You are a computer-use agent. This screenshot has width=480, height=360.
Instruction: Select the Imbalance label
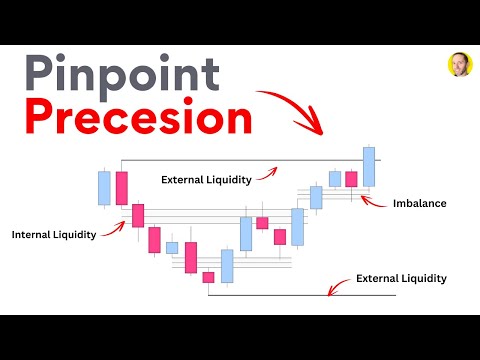(x=420, y=203)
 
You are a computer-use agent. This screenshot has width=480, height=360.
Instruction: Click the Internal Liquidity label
(x=54, y=235)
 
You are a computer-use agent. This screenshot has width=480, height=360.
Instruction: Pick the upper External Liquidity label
(x=205, y=179)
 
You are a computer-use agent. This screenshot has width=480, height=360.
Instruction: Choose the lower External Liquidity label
(x=401, y=278)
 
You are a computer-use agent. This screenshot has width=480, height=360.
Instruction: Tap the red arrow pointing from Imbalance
(x=374, y=201)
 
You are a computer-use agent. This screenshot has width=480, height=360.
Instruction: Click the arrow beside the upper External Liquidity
(x=268, y=172)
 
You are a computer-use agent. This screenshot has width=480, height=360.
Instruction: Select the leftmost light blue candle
(x=104, y=187)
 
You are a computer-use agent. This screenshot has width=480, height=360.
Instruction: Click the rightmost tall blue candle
(x=369, y=166)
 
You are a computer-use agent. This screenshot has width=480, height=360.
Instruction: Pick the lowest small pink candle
(x=208, y=277)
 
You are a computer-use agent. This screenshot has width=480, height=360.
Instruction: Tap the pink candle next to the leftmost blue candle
(x=122, y=188)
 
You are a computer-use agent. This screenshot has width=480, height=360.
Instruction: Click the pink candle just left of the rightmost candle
(x=351, y=179)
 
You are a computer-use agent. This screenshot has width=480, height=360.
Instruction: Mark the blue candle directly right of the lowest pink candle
(x=227, y=266)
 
